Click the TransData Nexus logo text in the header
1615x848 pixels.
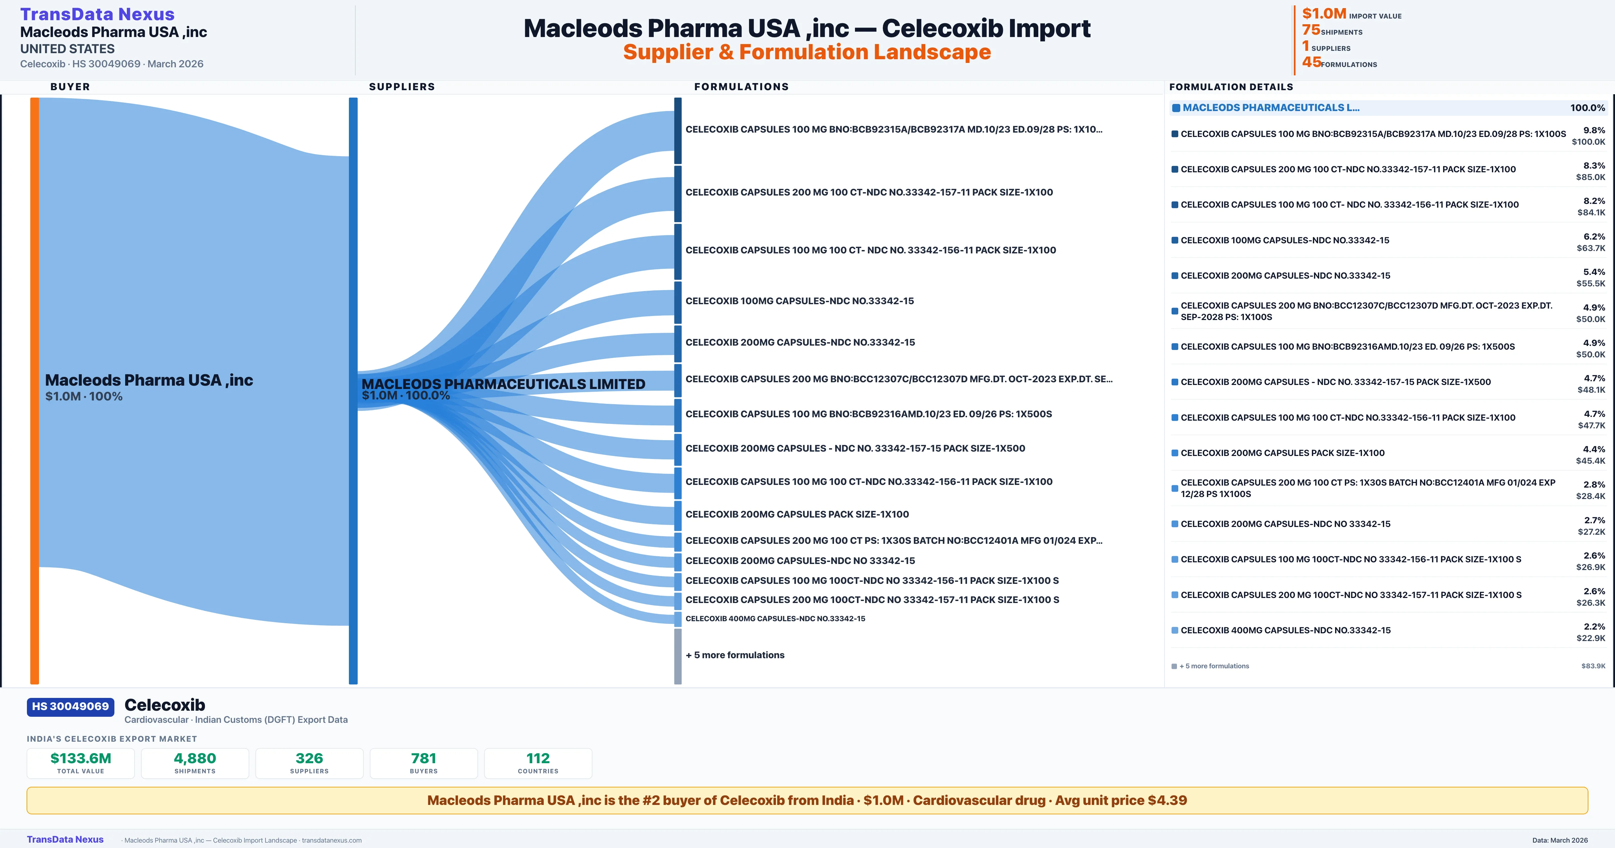pyautogui.click(x=97, y=14)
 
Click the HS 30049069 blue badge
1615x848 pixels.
pyautogui.click(x=70, y=706)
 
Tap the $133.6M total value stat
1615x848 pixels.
pyautogui.click(x=81, y=758)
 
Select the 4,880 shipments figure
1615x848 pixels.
pyautogui.click(x=195, y=758)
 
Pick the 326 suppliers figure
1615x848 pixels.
pyautogui.click(x=309, y=758)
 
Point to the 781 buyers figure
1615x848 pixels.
pyautogui.click(x=424, y=758)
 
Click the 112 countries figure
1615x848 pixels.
pyautogui.click(x=538, y=758)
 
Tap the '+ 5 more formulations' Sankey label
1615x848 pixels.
pyautogui.click(x=735, y=655)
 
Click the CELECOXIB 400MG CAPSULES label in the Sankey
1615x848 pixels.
pyautogui.click(x=775, y=619)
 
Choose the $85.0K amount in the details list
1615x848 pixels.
pyautogui.click(x=1590, y=177)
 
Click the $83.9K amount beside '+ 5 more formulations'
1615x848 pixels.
pyautogui.click(x=1593, y=666)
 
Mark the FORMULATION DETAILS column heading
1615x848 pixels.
pyautogui.click(x=1231, y=86)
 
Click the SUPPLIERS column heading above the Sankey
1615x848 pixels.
pyautogui.click(x=402, y=86)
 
